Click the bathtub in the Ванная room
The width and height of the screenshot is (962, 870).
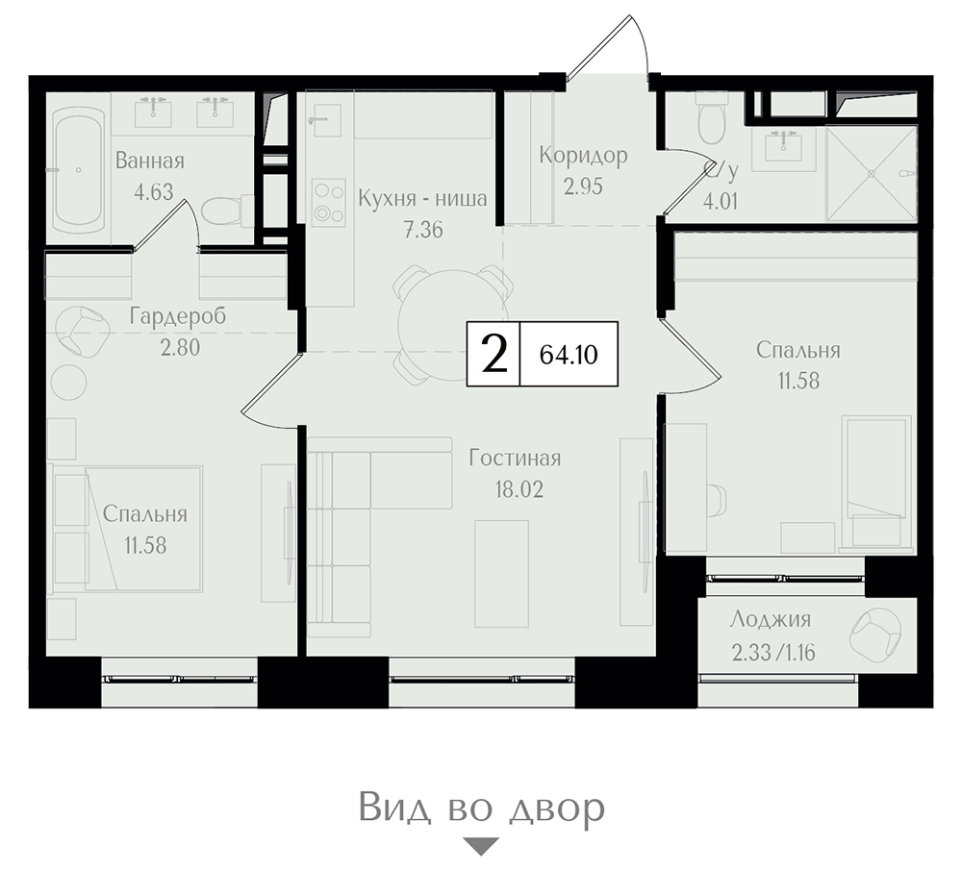(x=78, y=170)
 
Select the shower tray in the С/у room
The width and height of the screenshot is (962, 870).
(x=872, y=173)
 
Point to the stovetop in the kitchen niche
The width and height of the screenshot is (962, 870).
(x=328, y=201)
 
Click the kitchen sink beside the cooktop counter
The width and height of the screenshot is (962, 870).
(x=325, y=118)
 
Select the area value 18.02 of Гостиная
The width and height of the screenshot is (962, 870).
(x=519, y=490)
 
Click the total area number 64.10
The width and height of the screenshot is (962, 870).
(x=569, y=355)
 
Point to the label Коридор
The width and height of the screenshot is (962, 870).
(x=584, y=155)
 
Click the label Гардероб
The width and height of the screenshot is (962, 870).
(x=178, y=317)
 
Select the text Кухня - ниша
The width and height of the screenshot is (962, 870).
(x=422, y=199)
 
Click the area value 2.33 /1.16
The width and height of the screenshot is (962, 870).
(x=773, y=653)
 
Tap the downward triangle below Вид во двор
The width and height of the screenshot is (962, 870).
(x=481, y=846)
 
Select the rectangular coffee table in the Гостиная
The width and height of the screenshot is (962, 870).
(x=502, y=574)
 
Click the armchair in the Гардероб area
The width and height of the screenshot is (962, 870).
(x=80, y=331)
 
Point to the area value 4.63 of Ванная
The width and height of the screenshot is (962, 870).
(x=153, y=192)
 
